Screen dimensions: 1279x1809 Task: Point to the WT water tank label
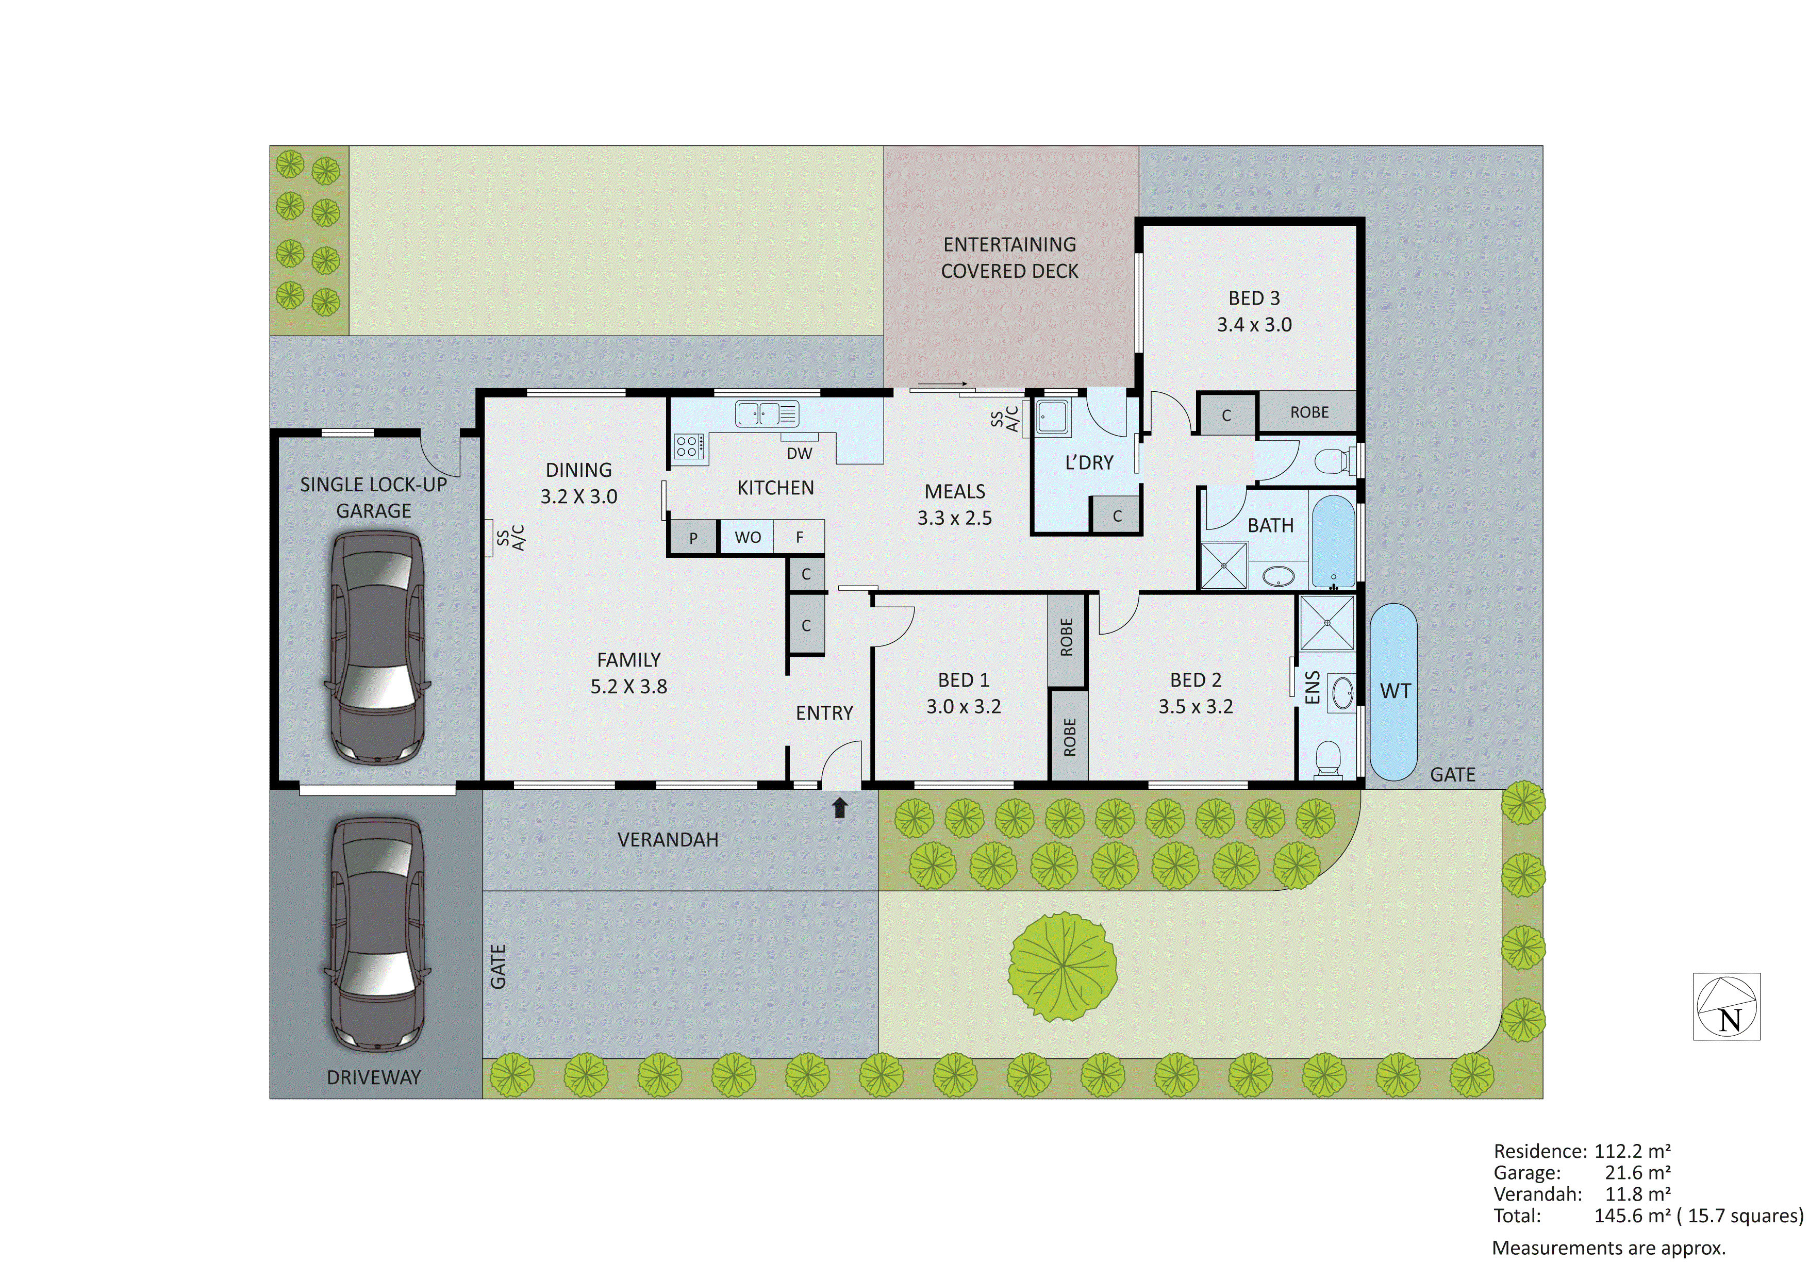(1395, 691)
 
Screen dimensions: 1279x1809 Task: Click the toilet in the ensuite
(1329, 758)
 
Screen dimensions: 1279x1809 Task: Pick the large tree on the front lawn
(1063, 966)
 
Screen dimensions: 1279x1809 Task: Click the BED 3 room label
(1254, 298)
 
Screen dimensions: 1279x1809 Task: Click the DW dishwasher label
(799, 453)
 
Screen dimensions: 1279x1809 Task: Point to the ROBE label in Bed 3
(1309, 412)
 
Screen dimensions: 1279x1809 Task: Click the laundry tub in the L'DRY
(1053, 417)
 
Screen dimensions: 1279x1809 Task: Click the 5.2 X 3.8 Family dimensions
(629, 686)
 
